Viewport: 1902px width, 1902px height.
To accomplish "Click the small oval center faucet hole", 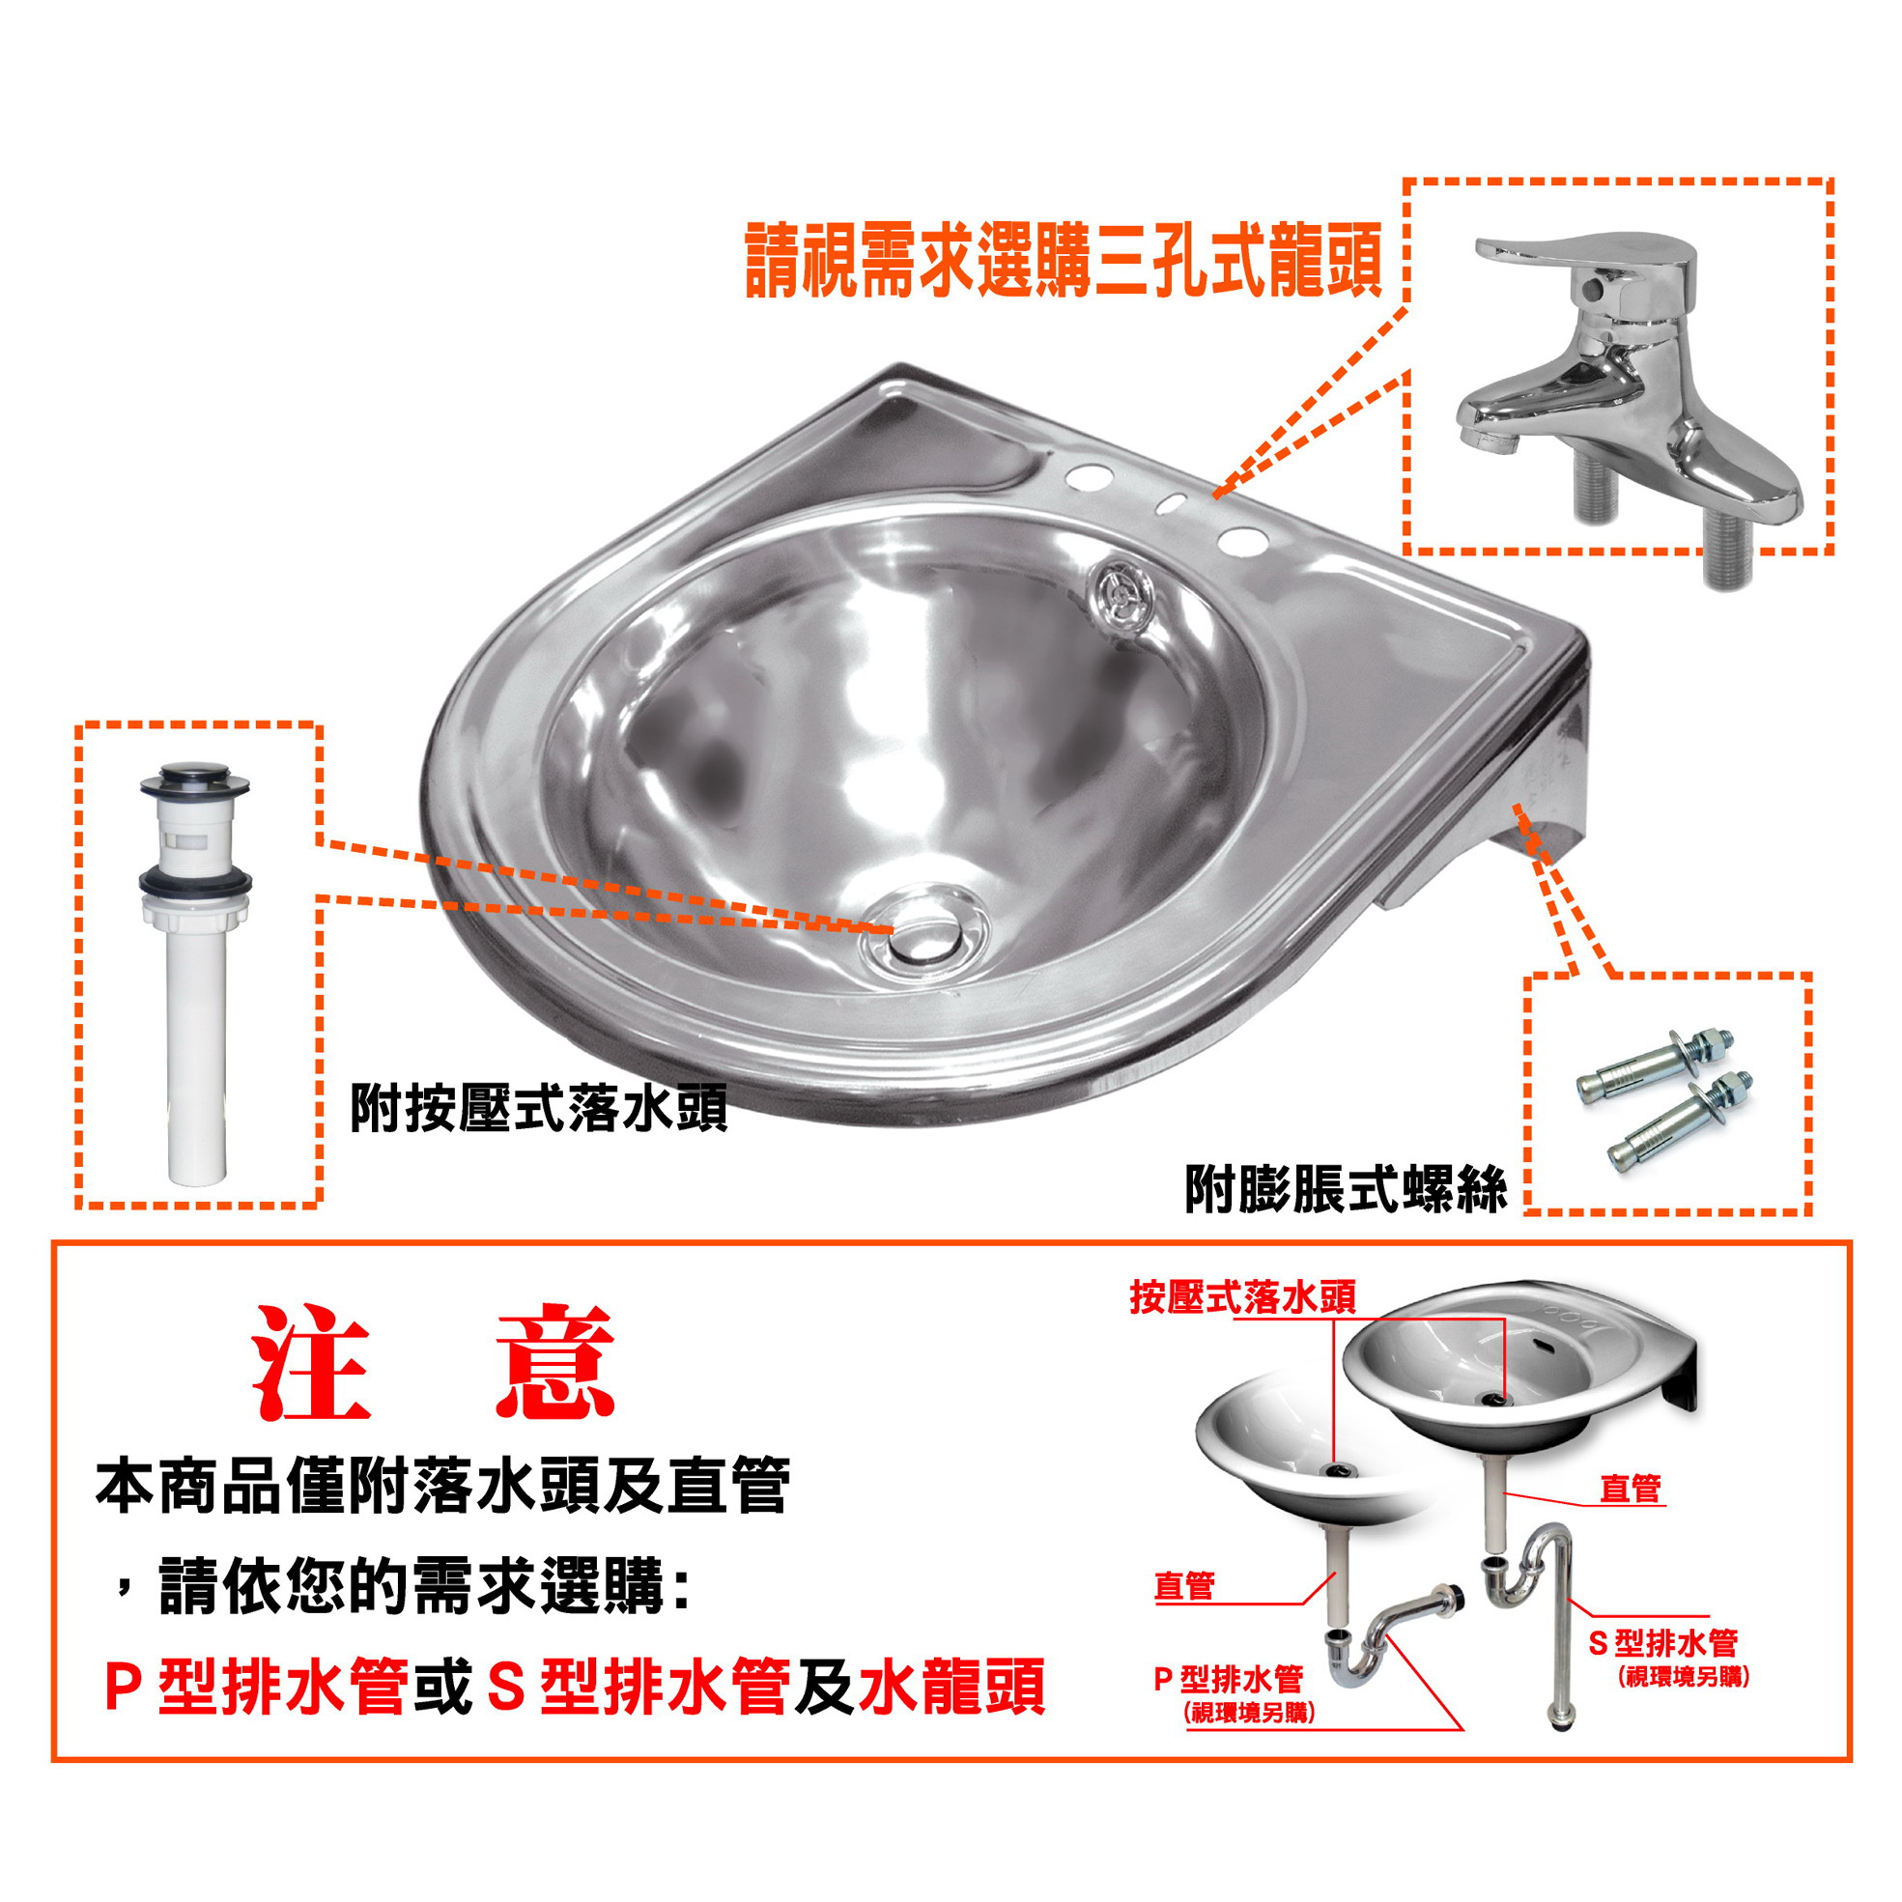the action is (1172, 505).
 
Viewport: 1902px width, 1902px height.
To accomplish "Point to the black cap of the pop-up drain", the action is (194, 779).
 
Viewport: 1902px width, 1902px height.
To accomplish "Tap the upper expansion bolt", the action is (1654, 1064).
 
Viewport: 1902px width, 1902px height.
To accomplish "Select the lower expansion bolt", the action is (1680, 1122).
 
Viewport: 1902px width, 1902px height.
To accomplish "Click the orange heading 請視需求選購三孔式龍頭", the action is (1065, 261).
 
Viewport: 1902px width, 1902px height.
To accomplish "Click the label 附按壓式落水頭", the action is (538, 1109).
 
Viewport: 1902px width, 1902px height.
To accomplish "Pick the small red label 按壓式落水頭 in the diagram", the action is (1242, 1297).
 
